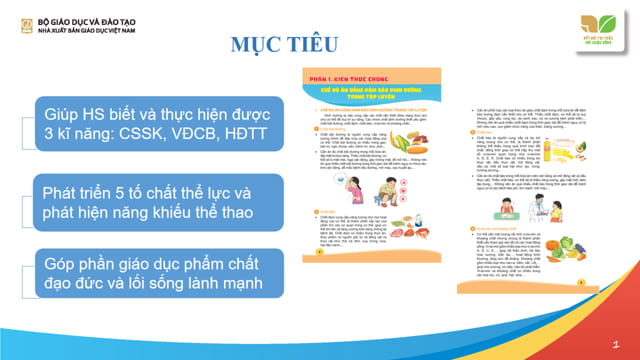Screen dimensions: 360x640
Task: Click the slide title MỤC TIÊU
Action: pos(273,45)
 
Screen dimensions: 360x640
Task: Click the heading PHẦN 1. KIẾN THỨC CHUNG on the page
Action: pos(344,77)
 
